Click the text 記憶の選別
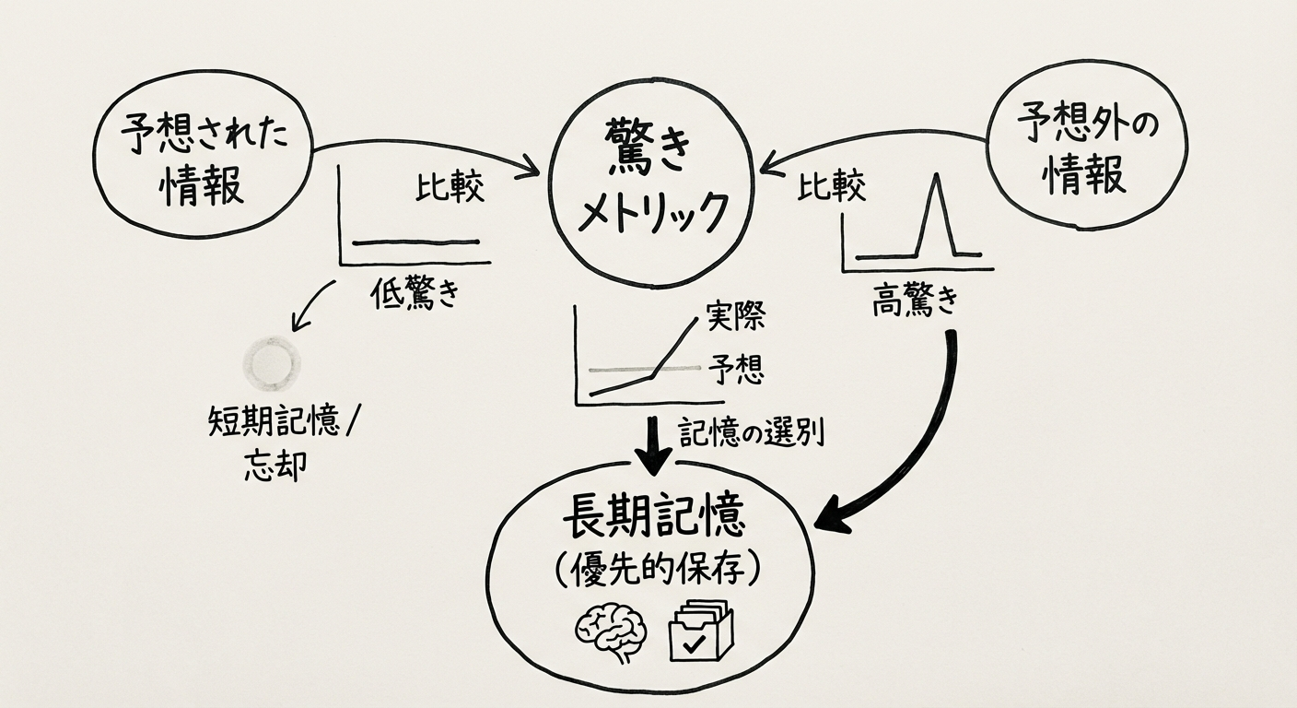[751, 431]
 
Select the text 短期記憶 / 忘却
[275, 442]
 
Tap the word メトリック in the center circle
[651, 214]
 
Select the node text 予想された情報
[204, 161]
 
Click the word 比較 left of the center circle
[450, 189]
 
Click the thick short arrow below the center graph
[653, 445]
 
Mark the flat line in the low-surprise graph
[415, 242]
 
